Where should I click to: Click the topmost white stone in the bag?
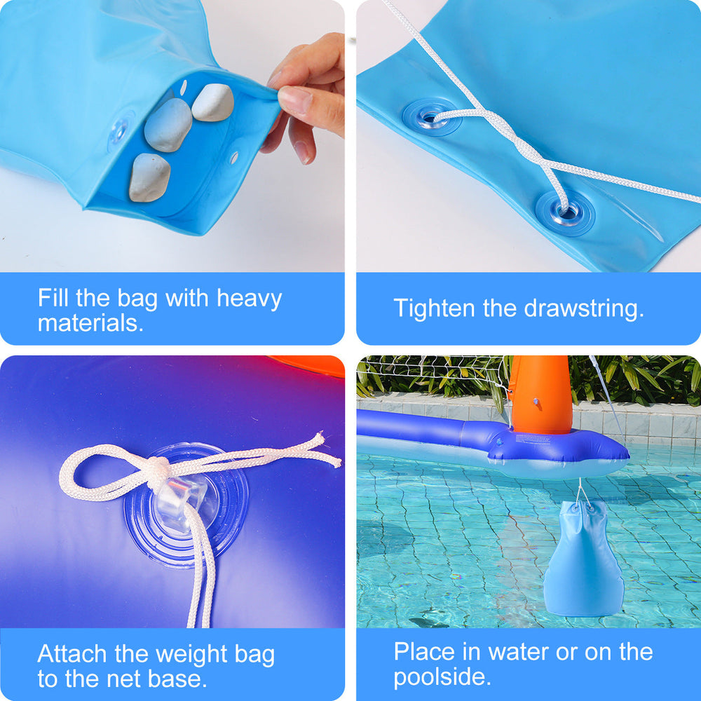213,102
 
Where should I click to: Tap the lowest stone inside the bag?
149,177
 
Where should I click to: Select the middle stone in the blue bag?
168,125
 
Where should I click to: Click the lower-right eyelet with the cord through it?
565,213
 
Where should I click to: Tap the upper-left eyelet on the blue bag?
431,117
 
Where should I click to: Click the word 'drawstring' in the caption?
583,309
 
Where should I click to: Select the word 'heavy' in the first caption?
249,299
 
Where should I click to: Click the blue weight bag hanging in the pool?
583,559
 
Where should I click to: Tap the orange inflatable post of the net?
541,395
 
